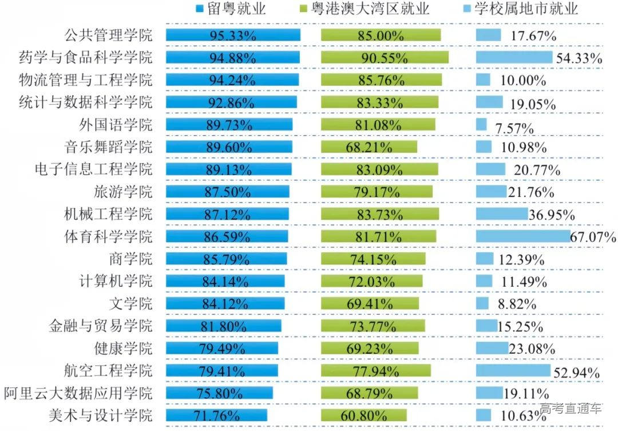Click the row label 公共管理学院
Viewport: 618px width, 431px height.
click(108, 35)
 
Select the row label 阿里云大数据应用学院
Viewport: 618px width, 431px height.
click(78, 393)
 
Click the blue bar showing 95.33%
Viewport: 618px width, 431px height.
click(233, 35)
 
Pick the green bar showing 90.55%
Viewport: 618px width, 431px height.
click(385, 57)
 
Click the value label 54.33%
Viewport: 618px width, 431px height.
click(578, 58)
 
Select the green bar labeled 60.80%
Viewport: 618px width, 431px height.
click(363, 414)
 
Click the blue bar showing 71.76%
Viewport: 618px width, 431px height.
click(218, 414)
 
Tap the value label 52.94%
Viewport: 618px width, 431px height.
click(577, 373)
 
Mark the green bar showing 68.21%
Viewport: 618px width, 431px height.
click(369, 147)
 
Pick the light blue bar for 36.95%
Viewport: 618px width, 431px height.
click(501, 213)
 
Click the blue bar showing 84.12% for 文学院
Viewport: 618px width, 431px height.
click(225, 303)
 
